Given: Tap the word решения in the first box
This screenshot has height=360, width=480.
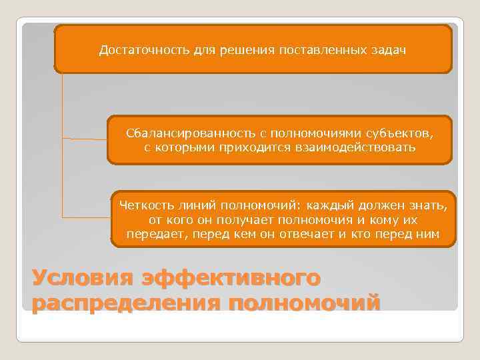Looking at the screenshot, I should [229, 50].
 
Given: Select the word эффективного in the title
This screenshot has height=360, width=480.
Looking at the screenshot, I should [231, 278].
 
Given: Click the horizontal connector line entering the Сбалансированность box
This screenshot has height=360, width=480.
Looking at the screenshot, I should [85, 139].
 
